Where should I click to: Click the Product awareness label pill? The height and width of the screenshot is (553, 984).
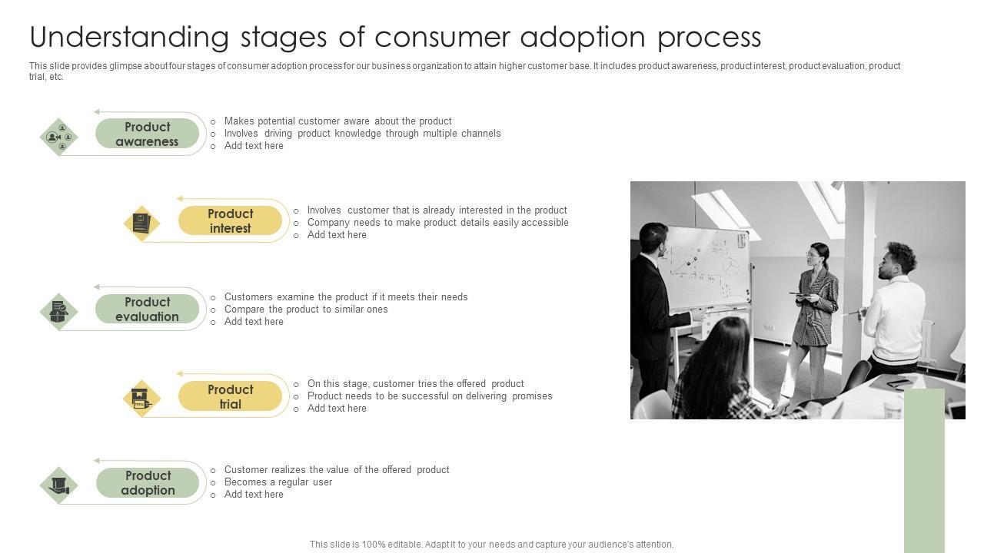[147, 134]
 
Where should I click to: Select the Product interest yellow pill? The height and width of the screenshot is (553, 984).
[230, 220]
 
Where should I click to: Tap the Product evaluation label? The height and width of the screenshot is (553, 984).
[147, 309]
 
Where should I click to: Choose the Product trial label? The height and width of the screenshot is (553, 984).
[230, 396]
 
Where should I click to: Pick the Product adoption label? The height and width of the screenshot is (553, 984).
[148, 482]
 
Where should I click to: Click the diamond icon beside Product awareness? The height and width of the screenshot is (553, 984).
[59, 137]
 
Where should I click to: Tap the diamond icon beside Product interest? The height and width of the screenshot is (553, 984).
[141, 224]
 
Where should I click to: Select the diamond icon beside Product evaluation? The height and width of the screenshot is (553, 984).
[59, 312]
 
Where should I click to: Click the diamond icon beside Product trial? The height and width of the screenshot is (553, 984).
[141, 399]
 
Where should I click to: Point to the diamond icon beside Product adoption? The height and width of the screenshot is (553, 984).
[59, 485]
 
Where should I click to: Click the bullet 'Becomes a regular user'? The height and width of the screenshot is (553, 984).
[278, 482]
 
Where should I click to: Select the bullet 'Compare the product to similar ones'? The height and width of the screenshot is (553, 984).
[306, 309]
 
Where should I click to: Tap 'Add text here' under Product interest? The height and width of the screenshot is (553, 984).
[337, 235]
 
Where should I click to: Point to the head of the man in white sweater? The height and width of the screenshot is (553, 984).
[899, 260]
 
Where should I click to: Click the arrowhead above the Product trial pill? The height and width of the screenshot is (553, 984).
[180, 373]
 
